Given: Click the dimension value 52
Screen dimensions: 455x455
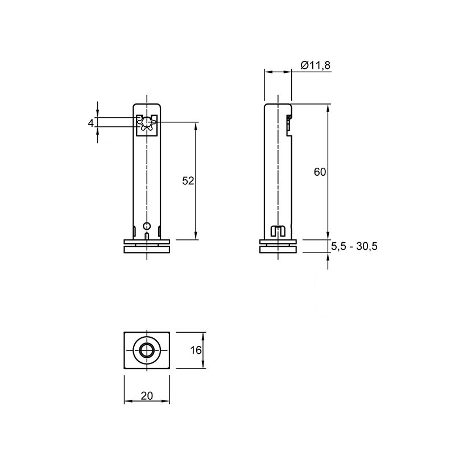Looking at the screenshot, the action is coord(188,181).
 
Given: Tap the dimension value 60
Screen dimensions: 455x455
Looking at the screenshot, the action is coord(320,172).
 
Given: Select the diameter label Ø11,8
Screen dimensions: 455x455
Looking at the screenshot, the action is coord(316,65).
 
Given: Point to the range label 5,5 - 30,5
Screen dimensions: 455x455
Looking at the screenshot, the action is coord(354,246).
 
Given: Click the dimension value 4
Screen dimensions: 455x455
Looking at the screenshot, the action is coord(91,123).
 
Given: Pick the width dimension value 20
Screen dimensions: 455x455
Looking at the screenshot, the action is coord(147,395).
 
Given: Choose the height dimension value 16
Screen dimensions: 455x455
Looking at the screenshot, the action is coord(196,350).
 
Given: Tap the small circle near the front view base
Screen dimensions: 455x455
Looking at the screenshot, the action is coord(147,226).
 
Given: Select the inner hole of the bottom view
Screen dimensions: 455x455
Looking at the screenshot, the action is coord(147,350).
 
